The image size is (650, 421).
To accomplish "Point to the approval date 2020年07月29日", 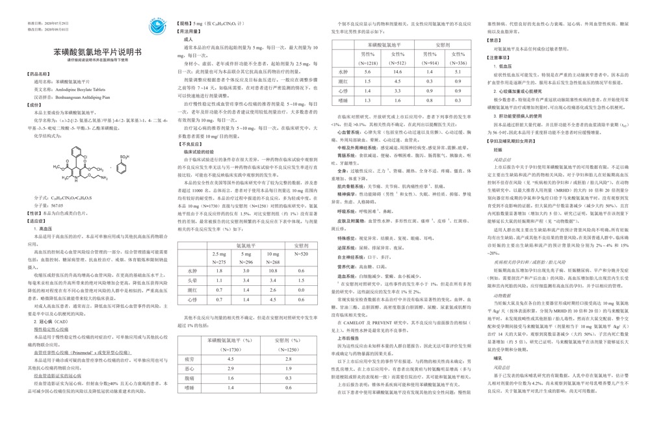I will pyautogui.click(x=32, y=22).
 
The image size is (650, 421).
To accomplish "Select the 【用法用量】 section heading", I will pyautogui.click(x=190, y=31).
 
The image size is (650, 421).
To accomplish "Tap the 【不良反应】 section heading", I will pyautogui.click(x=190, y=145).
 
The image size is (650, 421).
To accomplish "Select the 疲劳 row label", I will pyautogui.click(x=189, y=359).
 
